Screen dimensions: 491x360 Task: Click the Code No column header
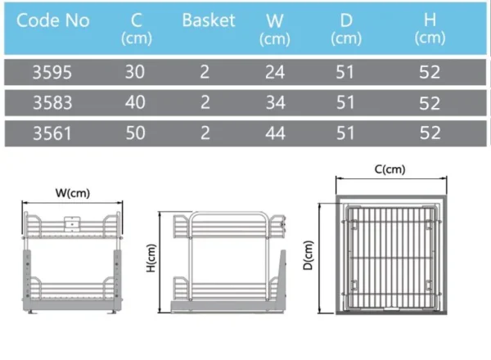(53, 20)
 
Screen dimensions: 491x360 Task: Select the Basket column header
(209, 20)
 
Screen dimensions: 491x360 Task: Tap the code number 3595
(52, 72)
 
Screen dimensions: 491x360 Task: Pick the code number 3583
(52, 102)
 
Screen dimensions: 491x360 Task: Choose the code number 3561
(52, 133)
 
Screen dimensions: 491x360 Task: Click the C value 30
(135, 72)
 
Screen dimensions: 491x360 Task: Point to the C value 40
(135, 102)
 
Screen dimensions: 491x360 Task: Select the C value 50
(135, 133)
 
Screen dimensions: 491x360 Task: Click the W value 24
(275, 72)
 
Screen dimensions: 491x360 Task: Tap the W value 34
(275, 102)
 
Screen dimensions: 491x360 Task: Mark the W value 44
(275, 133)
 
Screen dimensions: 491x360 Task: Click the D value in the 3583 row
(345, 102)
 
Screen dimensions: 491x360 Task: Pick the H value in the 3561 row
(430, 133)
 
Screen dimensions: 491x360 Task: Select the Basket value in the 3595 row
(205, 72)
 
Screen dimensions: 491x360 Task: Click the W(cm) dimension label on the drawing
(73, 193)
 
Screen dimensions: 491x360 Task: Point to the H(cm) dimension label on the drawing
(151, 258)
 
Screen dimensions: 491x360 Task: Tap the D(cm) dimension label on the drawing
(309, 255)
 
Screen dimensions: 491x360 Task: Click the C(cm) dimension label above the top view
(390, 169)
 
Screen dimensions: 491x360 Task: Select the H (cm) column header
(430, 29)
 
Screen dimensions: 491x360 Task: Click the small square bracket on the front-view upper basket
(72, 223)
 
